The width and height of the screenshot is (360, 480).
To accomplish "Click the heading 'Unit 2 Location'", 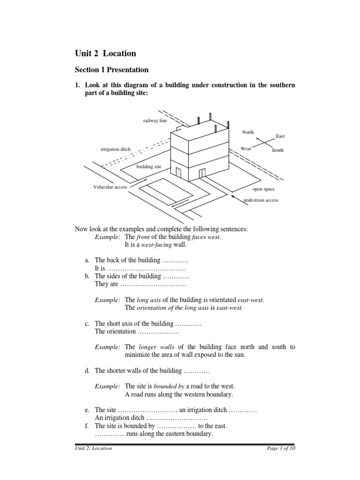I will (x=105, y=53).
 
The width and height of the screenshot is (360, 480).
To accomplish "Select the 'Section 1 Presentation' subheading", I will (x=112, y=70).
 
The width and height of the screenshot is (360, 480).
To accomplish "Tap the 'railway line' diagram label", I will (x=155, y=120).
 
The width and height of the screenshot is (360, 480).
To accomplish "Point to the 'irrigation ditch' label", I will (x=115, y=149).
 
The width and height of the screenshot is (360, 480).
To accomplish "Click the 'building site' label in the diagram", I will (x=148, y=166).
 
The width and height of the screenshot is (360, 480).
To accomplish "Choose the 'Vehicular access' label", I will (x=110, y=187).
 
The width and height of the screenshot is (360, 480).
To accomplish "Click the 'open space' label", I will (x=263, y=189).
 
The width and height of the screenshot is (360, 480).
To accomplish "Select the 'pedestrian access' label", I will (x=261, y=200).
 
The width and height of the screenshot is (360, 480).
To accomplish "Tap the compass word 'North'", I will (x=248, y=132).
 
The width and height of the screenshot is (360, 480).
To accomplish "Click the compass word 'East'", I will (x=280, y=136).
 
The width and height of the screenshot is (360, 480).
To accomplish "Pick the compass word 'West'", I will (x=246, y=149).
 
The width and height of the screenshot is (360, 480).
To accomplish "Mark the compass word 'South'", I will (x=277, y=150).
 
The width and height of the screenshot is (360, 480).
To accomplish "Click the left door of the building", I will (x=178, y=172).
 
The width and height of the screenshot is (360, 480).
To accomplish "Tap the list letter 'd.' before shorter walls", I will (x=88, y=371).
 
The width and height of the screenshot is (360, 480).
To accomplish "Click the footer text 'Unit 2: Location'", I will (x=94, y=448).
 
